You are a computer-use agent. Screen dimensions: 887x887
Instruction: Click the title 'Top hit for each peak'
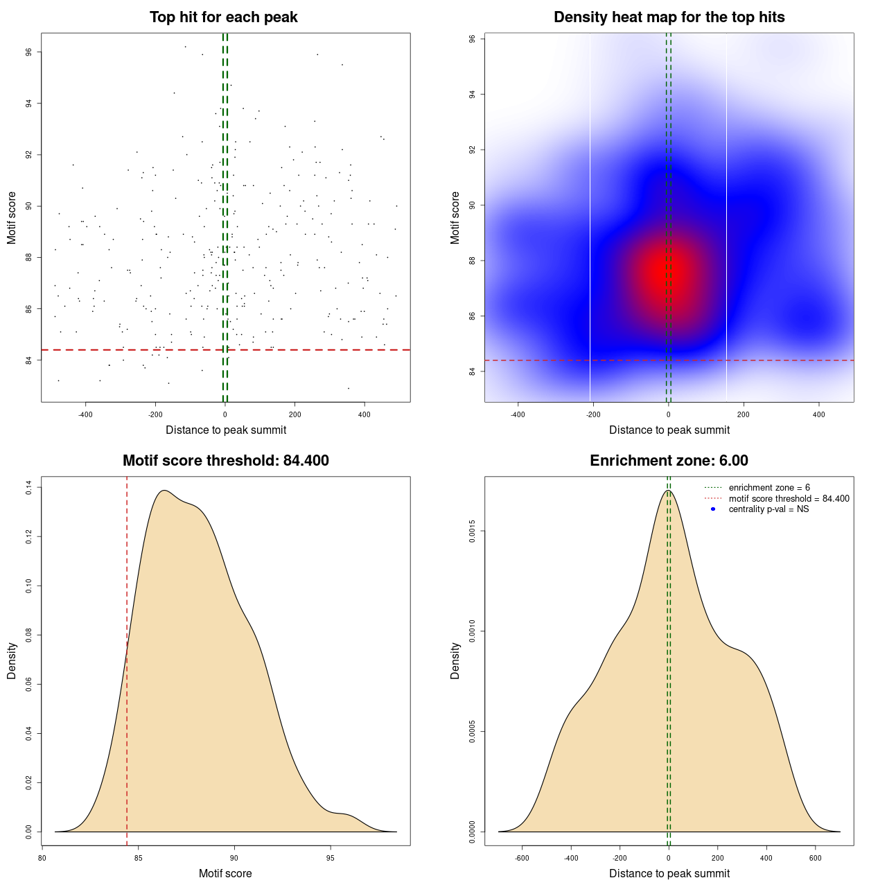223,17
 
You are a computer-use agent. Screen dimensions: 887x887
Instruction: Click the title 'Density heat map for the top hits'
669,17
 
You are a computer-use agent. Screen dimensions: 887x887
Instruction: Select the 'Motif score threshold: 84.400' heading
225,461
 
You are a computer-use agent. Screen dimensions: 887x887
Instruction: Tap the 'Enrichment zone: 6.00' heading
669,461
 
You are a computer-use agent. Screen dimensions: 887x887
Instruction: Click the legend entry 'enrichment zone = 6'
769,488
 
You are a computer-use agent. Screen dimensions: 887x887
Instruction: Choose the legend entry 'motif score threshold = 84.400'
789,499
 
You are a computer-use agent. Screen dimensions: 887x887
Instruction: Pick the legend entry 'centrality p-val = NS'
769,509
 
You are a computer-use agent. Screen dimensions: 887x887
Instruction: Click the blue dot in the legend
713,509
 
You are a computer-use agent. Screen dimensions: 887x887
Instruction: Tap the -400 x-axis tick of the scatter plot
85,414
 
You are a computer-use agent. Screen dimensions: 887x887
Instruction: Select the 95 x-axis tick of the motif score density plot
330,858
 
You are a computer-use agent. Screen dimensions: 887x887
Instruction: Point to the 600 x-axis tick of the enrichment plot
815,858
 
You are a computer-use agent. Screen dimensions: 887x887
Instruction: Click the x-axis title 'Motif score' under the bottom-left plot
225,874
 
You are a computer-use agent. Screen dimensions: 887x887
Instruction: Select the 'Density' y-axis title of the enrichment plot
455,660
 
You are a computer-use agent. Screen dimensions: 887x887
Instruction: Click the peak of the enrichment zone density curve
668,491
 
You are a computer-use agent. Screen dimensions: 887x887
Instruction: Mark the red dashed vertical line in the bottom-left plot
127,658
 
